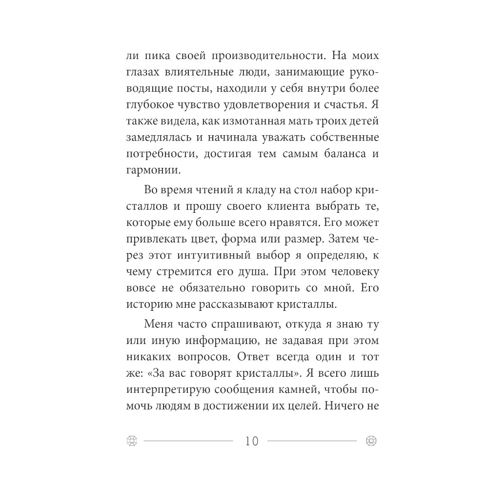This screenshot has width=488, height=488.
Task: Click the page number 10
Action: [251, 441]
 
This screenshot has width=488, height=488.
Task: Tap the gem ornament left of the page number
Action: [131, 441]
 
